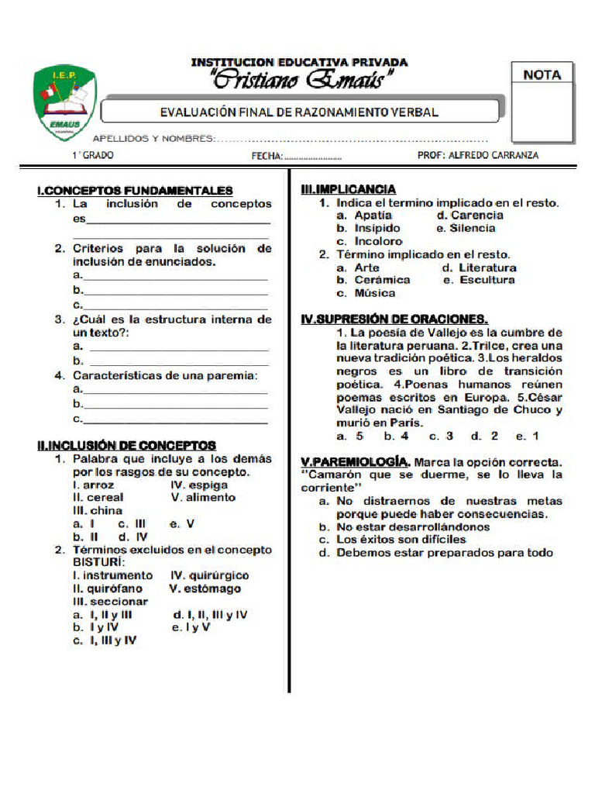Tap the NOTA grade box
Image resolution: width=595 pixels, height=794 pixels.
542,102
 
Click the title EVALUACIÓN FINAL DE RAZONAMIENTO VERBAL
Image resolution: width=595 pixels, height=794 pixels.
299,112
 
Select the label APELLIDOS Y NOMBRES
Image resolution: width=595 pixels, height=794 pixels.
154,139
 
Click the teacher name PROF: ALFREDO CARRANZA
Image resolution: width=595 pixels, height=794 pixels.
478,155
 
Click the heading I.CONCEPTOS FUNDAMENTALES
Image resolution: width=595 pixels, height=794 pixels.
135,190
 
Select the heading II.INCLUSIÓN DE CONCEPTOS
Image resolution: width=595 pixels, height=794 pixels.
126,445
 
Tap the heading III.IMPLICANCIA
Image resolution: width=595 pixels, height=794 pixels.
348,189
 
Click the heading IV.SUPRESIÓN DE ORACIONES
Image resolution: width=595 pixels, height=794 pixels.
394,319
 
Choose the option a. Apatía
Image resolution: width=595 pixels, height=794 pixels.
364,216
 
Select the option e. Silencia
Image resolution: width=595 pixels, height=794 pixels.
466,229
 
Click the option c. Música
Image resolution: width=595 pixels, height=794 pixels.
366,293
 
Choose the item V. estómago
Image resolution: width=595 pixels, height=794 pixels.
205,589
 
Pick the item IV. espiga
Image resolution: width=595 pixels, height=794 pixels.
199,485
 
